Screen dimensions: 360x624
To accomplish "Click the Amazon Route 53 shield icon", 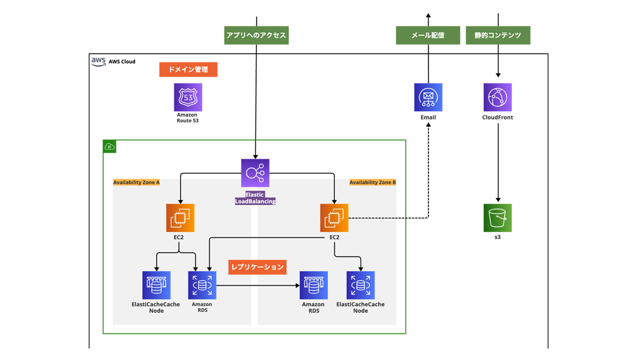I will tap(187, 98).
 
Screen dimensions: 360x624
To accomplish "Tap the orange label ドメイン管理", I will tap(188, 69).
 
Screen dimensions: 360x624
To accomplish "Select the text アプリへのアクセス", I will tap(256, 35).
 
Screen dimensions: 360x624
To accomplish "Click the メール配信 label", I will tap(428, 35).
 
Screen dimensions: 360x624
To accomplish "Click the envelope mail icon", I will tap(428, 97).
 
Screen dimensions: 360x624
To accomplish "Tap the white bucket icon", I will tap(497, 217).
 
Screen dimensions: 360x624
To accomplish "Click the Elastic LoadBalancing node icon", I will tap(255, 172).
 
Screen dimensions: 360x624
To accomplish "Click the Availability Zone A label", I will tap(136, 183).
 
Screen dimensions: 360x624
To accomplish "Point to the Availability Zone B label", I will tap(372, 183).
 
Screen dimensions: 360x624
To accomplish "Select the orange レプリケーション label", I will tap(257, 267).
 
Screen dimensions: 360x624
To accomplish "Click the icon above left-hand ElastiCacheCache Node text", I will tap(156, 285).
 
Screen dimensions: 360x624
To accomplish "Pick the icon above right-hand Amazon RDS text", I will tap(313, 285).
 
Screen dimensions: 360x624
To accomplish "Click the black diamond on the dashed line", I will tap(401, 219).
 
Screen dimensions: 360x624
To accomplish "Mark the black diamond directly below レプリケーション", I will tap(254, 285).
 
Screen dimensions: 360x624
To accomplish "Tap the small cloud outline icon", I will tap(109, 147).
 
